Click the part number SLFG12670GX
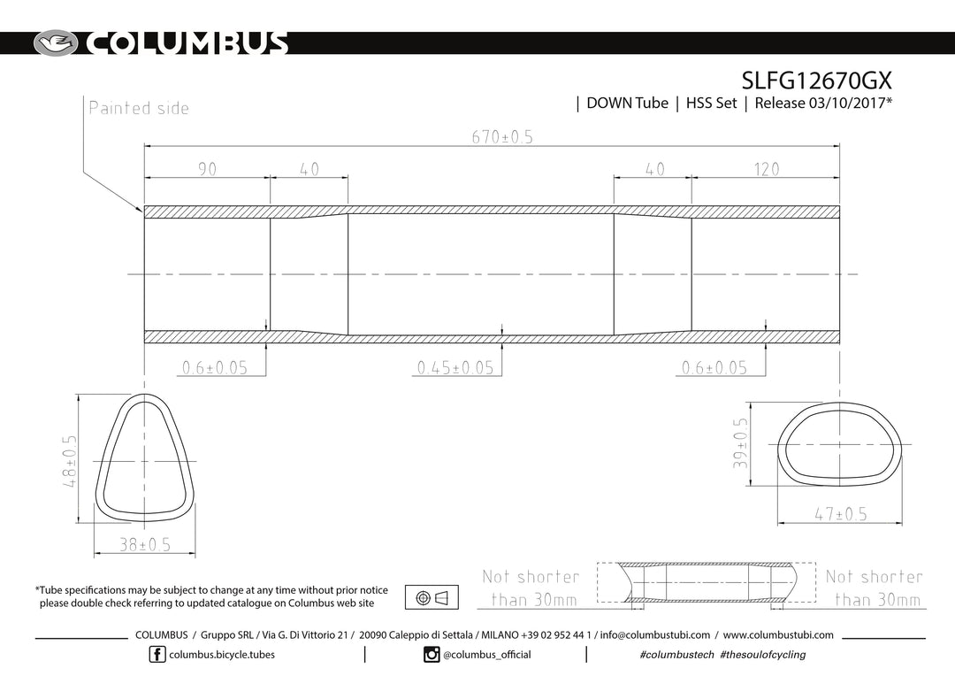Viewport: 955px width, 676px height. [x=816, y=81]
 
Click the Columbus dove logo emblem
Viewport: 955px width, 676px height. [x=56, y=43]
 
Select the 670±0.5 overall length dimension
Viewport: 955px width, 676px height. [x=502, y=137]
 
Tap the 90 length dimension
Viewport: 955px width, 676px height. [x=207, y=169]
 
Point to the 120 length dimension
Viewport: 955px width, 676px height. [x=766, y=169]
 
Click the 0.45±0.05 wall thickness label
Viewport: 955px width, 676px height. [x=455, y=367]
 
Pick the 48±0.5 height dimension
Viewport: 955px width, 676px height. [x=70, y=461]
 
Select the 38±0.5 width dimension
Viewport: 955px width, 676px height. [x=144, y=544]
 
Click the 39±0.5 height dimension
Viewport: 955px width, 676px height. [x=740, y=443]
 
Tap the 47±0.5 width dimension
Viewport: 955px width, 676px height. [x=841, y=514]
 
